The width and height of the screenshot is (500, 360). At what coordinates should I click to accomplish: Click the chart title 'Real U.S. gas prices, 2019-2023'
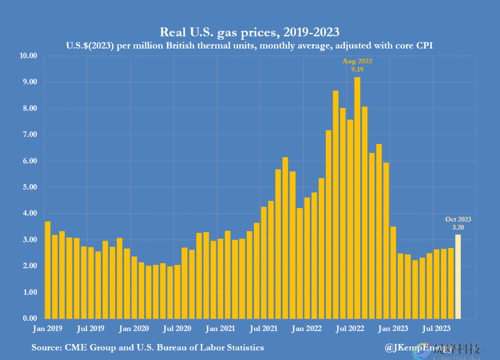coord(249,32)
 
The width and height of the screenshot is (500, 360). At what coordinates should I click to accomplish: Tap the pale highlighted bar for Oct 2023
coord(458,276)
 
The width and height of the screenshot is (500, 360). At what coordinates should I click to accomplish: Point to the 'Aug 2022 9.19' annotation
coord(357,65)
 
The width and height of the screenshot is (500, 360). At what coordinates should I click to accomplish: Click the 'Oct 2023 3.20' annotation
coord(458,223)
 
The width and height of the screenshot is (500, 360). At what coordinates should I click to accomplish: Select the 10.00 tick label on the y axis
coord(28,56)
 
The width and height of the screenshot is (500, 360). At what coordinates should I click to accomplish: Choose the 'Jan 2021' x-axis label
coord(220,329)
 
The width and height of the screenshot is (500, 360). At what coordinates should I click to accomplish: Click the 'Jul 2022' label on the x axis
coord(350,329)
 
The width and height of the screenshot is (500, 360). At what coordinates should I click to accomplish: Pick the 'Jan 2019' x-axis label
coord(48,329)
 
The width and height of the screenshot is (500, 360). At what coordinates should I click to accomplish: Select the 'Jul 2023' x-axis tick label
coord(436,329)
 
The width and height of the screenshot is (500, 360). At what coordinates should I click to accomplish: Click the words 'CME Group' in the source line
coord(90,348)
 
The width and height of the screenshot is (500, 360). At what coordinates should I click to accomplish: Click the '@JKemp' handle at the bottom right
coord(402,348)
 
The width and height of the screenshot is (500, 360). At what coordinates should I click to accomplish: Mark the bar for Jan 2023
coord(393,273)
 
